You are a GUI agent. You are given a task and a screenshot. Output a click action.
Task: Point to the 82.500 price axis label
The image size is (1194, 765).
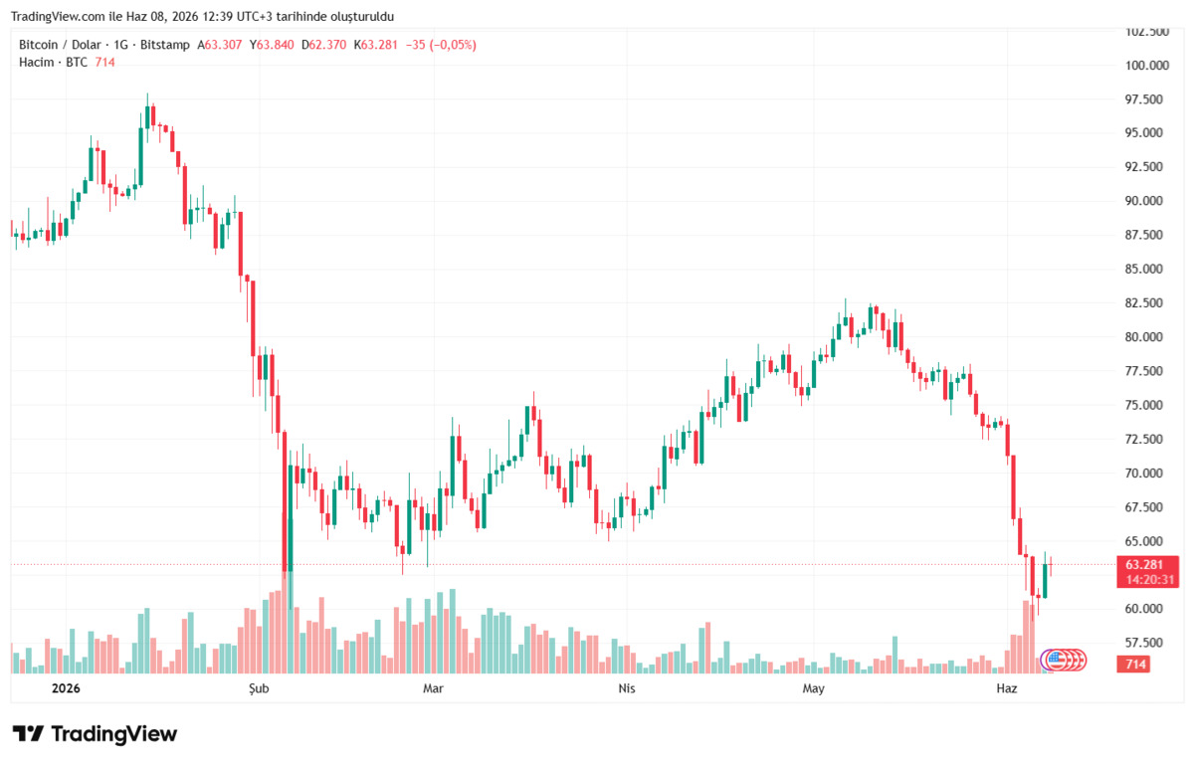1144,302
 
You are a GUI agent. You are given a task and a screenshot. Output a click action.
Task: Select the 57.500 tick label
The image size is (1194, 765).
1144,643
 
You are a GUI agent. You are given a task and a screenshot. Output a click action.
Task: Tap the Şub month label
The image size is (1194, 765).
259,688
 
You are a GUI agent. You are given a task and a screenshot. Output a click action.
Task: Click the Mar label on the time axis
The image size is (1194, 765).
433,688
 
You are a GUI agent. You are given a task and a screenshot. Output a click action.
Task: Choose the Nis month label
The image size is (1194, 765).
626,688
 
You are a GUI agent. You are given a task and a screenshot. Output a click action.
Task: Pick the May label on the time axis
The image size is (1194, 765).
814,688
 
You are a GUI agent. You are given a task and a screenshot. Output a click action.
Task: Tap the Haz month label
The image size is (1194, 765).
1006,688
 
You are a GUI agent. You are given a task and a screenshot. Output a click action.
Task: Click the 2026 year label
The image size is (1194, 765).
66,688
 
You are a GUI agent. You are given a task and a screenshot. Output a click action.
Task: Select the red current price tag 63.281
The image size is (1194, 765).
1144,565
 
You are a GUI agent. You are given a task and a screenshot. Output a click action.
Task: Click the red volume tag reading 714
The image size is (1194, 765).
1135,664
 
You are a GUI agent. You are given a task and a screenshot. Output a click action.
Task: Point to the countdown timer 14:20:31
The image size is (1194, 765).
1150,580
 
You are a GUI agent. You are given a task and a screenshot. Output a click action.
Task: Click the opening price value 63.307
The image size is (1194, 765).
223,45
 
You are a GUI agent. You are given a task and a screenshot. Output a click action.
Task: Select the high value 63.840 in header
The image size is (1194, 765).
275,45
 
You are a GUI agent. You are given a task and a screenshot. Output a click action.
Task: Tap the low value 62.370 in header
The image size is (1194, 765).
327,45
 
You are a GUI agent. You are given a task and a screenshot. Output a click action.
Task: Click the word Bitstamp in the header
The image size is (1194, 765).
165,45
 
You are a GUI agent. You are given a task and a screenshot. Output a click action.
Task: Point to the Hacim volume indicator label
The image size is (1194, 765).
36,63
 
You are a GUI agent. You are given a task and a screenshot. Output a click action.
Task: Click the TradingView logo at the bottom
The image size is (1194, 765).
95,734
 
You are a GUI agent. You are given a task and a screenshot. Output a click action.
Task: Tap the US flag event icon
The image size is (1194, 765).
1055,660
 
